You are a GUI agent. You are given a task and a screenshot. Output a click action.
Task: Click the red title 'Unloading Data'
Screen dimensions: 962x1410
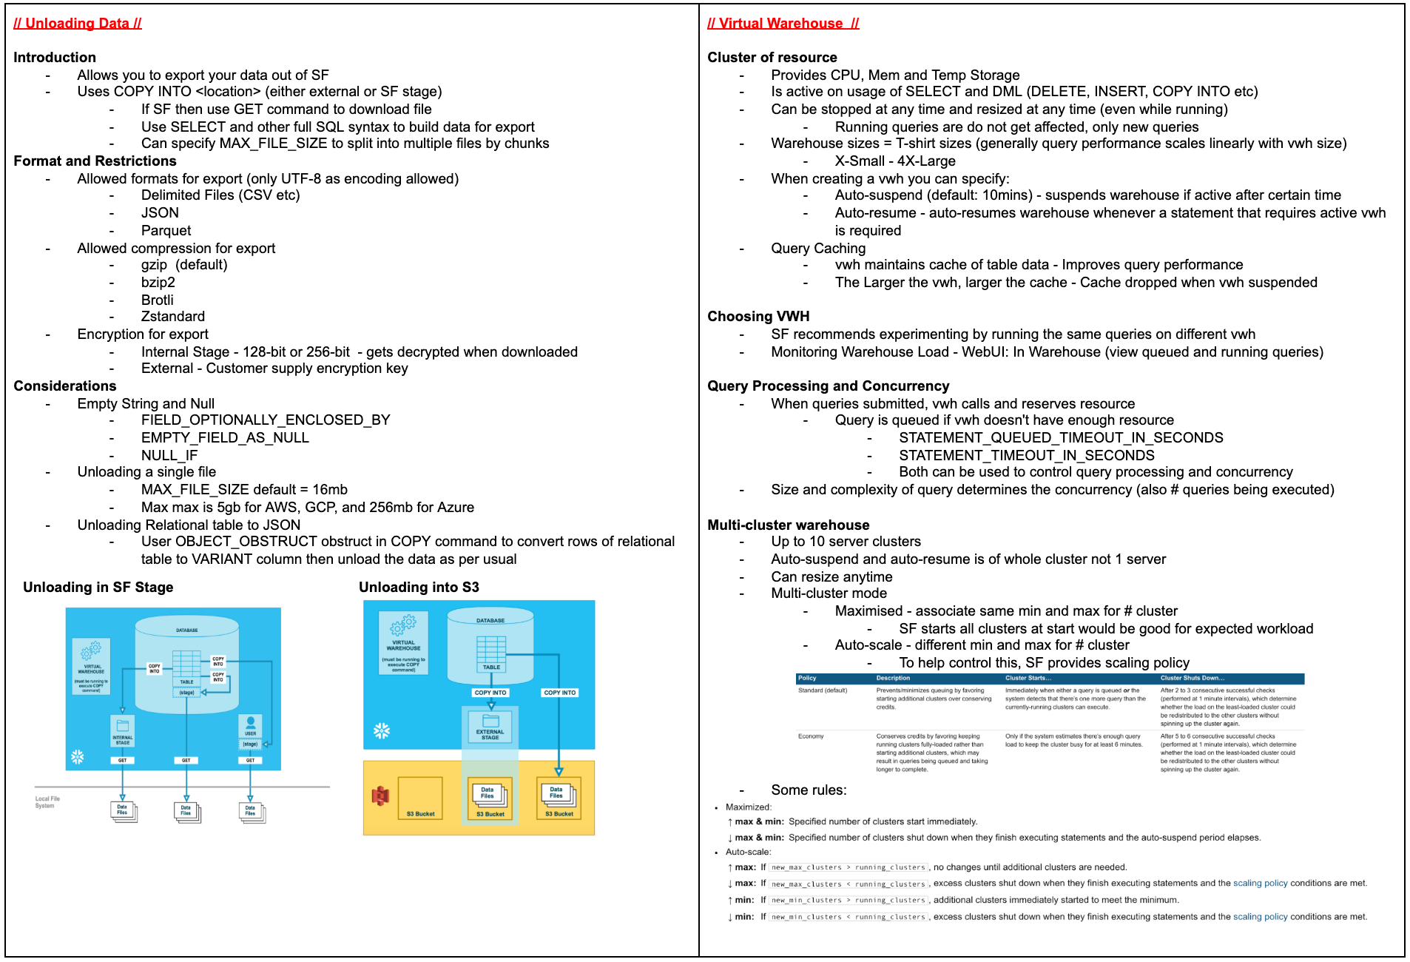[78, 24]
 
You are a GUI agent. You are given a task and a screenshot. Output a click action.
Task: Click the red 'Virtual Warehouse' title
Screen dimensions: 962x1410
[783, 24]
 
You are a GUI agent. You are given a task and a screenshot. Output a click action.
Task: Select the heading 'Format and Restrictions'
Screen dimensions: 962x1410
[95, 161]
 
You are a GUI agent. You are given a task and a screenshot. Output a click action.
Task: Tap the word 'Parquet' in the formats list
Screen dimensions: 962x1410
[166, 231]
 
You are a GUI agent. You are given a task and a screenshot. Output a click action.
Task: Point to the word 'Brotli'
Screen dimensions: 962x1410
[157, 300]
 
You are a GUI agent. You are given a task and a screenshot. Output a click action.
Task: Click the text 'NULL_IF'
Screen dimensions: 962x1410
[169, 456]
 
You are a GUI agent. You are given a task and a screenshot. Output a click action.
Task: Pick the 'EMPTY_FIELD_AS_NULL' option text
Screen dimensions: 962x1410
[225, 438]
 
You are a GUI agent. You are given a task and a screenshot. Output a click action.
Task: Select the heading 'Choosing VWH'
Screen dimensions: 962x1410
[758, 317]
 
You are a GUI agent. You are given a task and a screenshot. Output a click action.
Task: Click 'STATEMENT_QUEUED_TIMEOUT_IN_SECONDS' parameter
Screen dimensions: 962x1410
[1061, 438]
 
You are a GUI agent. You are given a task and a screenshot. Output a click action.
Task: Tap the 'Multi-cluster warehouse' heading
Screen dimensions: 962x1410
[788, 525]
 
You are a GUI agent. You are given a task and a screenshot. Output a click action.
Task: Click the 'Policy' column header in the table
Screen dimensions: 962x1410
[807, 679]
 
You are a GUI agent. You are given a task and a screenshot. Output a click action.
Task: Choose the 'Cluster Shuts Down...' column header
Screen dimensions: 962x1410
[1192, 679]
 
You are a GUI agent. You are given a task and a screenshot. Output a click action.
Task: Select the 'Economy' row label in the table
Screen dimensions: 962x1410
[811, 736]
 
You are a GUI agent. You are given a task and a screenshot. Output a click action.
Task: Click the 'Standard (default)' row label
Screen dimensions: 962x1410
[822, 690]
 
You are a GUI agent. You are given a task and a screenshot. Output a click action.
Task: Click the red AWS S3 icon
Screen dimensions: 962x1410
[380, 796]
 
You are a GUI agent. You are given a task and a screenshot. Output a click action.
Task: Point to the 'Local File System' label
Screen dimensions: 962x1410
[47, 802]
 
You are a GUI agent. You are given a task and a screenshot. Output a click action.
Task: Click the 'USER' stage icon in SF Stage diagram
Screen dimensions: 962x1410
[251, 725]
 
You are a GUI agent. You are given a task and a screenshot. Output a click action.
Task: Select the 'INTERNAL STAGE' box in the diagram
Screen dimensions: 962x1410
[123, 731]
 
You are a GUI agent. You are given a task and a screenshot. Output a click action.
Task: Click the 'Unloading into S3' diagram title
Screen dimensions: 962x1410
[419, 588]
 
